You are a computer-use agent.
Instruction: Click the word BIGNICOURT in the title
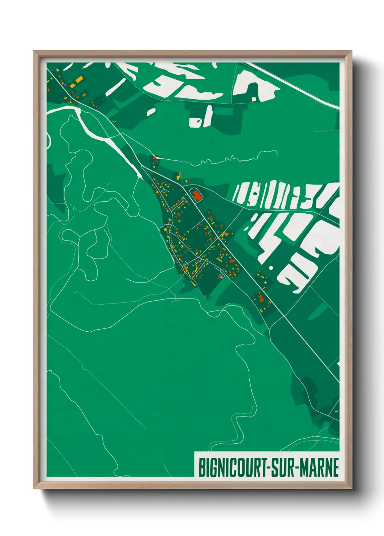tap(233, 468)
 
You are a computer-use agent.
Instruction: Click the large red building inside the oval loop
tap(197, 196)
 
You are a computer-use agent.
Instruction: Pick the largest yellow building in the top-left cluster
tap(79, 79)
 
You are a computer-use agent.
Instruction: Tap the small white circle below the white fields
tap(271, 268)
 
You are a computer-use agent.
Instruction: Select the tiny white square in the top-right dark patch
tap(254, 98)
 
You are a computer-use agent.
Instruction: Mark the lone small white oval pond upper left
tap(151, 112)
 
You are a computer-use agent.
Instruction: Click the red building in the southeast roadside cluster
tap(261, 298)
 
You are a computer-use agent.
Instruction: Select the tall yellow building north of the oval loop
tap(179, 176)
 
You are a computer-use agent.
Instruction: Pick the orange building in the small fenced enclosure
tap(221, 277)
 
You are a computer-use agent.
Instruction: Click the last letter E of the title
tap(335, 468)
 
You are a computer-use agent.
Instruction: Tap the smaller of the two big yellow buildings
tap(73, 85)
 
